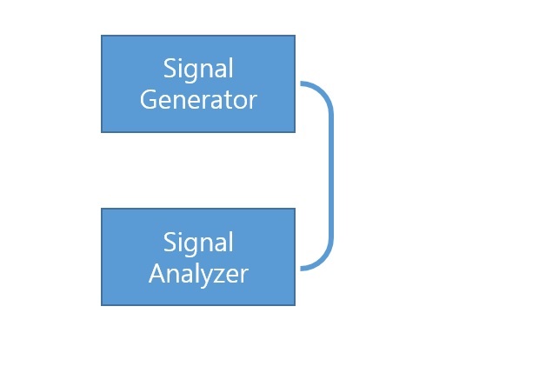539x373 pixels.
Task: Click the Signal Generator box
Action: (198, 83)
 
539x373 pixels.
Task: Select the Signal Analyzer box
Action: (198, 256)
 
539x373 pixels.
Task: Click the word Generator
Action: (198, 100)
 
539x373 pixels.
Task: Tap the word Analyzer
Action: (198, 274)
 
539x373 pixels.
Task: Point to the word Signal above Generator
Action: (198, 70)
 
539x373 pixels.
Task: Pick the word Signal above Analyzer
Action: (198, 243)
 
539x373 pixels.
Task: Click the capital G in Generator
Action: (148, 100)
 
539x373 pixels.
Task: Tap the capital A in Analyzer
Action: (157, 274)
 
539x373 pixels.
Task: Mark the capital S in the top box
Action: (170, 68)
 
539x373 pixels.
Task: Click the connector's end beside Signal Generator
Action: (301, 83)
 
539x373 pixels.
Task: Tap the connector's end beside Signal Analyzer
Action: (301, 269)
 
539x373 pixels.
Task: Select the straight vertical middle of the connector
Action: (331, 176)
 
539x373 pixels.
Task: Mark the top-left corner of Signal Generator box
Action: (102, 35)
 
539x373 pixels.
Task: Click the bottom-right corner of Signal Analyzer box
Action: (295, 305)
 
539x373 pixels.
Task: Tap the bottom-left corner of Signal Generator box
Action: (102, 132)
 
